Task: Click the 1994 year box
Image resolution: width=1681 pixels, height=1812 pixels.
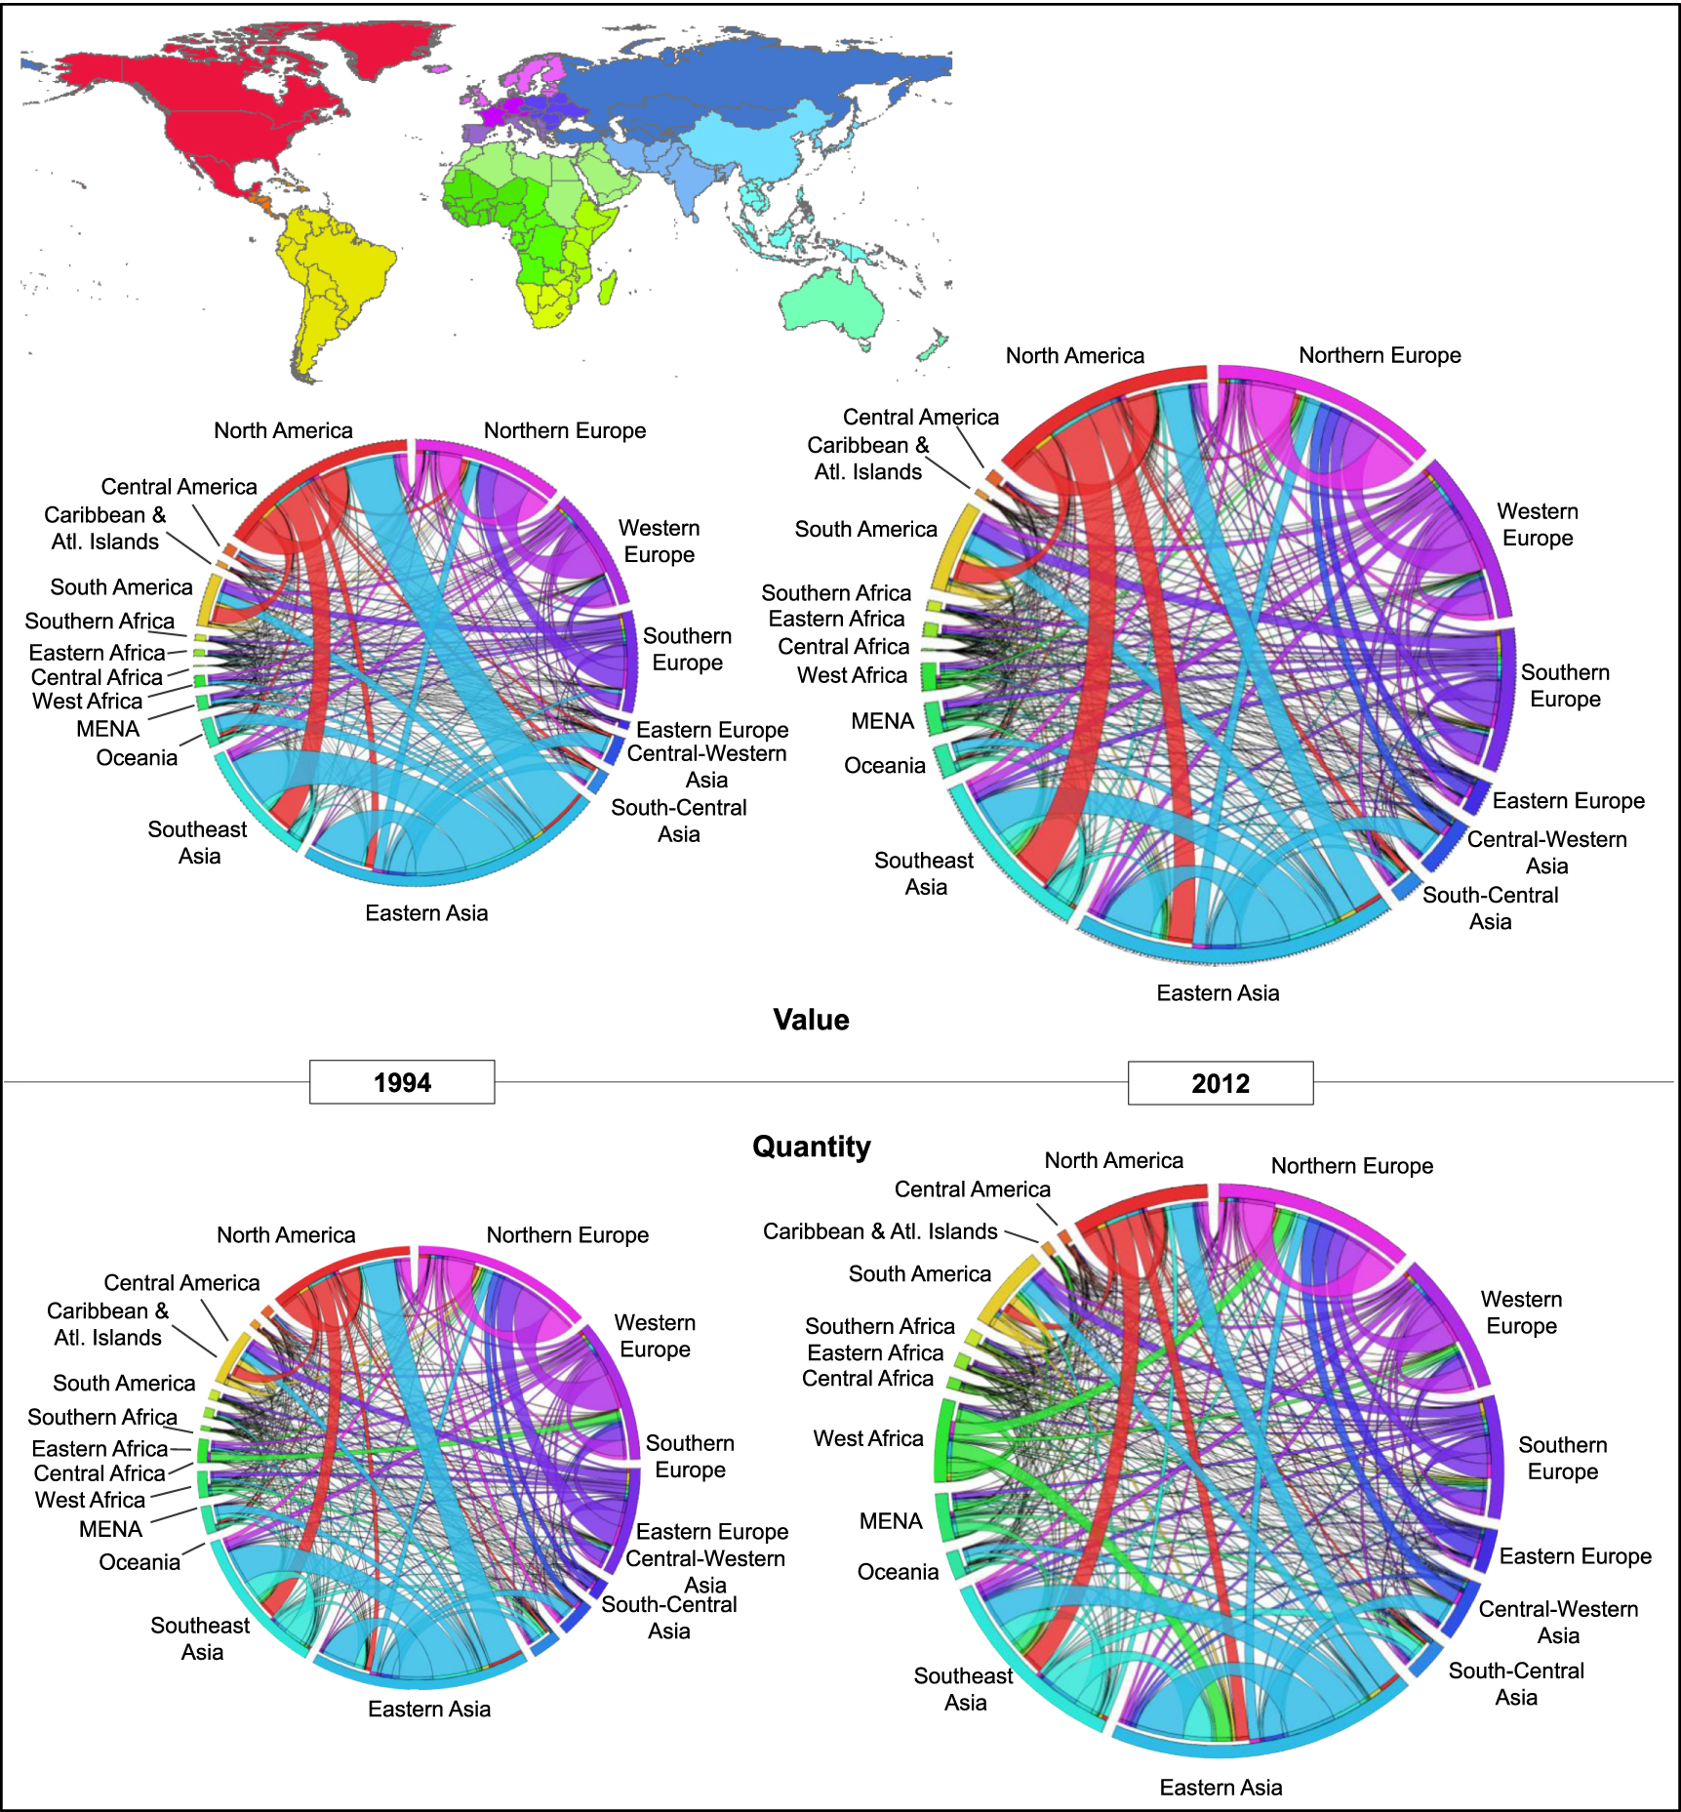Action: pos(402,1082)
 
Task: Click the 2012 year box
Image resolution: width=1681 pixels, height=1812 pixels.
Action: pos(1220,1083)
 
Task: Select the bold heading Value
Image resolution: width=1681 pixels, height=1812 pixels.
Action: pos(811,1020)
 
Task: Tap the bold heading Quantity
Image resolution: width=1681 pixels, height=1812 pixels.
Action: pos(811,1147)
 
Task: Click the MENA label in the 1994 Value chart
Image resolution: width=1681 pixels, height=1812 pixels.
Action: pos(108,729)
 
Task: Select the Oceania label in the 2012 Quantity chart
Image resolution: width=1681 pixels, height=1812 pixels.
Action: pos(898,1572)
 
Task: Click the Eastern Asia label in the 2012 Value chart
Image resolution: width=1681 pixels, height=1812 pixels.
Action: pos(1218,993)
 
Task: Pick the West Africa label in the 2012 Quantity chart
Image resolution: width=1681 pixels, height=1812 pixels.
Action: pos(868,1438)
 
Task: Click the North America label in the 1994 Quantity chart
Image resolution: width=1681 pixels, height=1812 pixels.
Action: pos(286,1235)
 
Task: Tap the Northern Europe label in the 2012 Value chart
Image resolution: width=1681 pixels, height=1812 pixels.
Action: pos(1380,355)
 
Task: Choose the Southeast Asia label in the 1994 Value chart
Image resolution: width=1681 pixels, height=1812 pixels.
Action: pos(198,842)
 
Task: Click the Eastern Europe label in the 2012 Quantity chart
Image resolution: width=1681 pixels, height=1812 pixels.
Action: pos(1575,1556)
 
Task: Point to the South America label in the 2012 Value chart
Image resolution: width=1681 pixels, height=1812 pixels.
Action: pos(865,529)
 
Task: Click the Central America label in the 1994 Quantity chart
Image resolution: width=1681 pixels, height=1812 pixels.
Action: pos(181,1283)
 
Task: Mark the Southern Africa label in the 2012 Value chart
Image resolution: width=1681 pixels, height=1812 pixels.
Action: pos(836,593)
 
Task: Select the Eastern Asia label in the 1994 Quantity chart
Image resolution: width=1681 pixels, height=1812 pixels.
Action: pos(429,1709)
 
